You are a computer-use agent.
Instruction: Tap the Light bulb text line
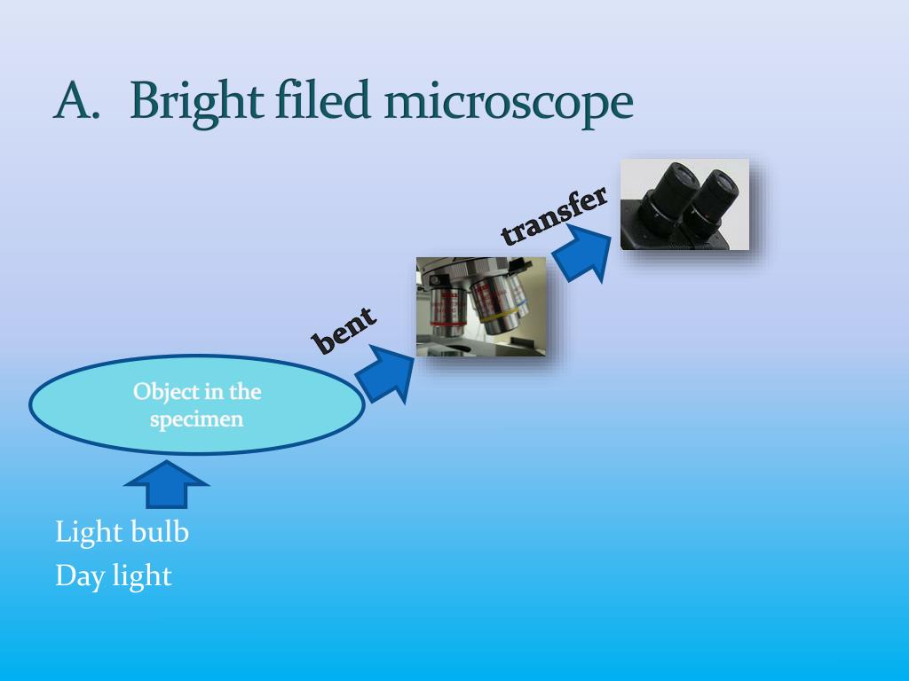coord(122,532)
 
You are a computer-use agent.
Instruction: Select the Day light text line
coord(113,575)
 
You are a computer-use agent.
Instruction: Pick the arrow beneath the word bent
coord(385,373)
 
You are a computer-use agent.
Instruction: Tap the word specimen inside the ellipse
coord(196,419)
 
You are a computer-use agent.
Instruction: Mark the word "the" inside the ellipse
coord(244,391)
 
